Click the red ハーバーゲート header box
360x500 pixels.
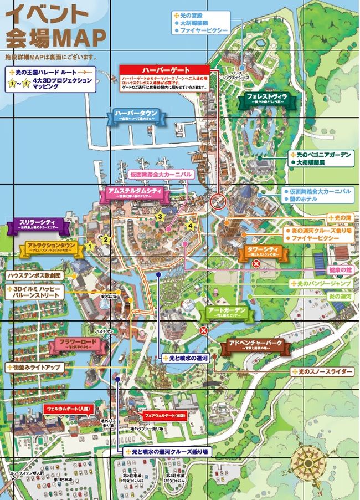(x=165, y=70)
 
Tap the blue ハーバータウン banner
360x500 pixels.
(x=136, y=115)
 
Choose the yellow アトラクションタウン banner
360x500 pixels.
(x=51, y=247)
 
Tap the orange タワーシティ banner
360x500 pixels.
(x=264, y=252)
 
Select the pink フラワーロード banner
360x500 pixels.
(x=77, y=345)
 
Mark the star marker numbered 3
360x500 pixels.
(x=159, y=216)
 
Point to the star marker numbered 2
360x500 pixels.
(x=106, y=239)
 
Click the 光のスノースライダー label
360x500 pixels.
(x=325, y=371)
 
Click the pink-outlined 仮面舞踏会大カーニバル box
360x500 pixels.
(x=161, y=174)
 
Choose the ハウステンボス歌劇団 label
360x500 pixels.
(x=36, y=275)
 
